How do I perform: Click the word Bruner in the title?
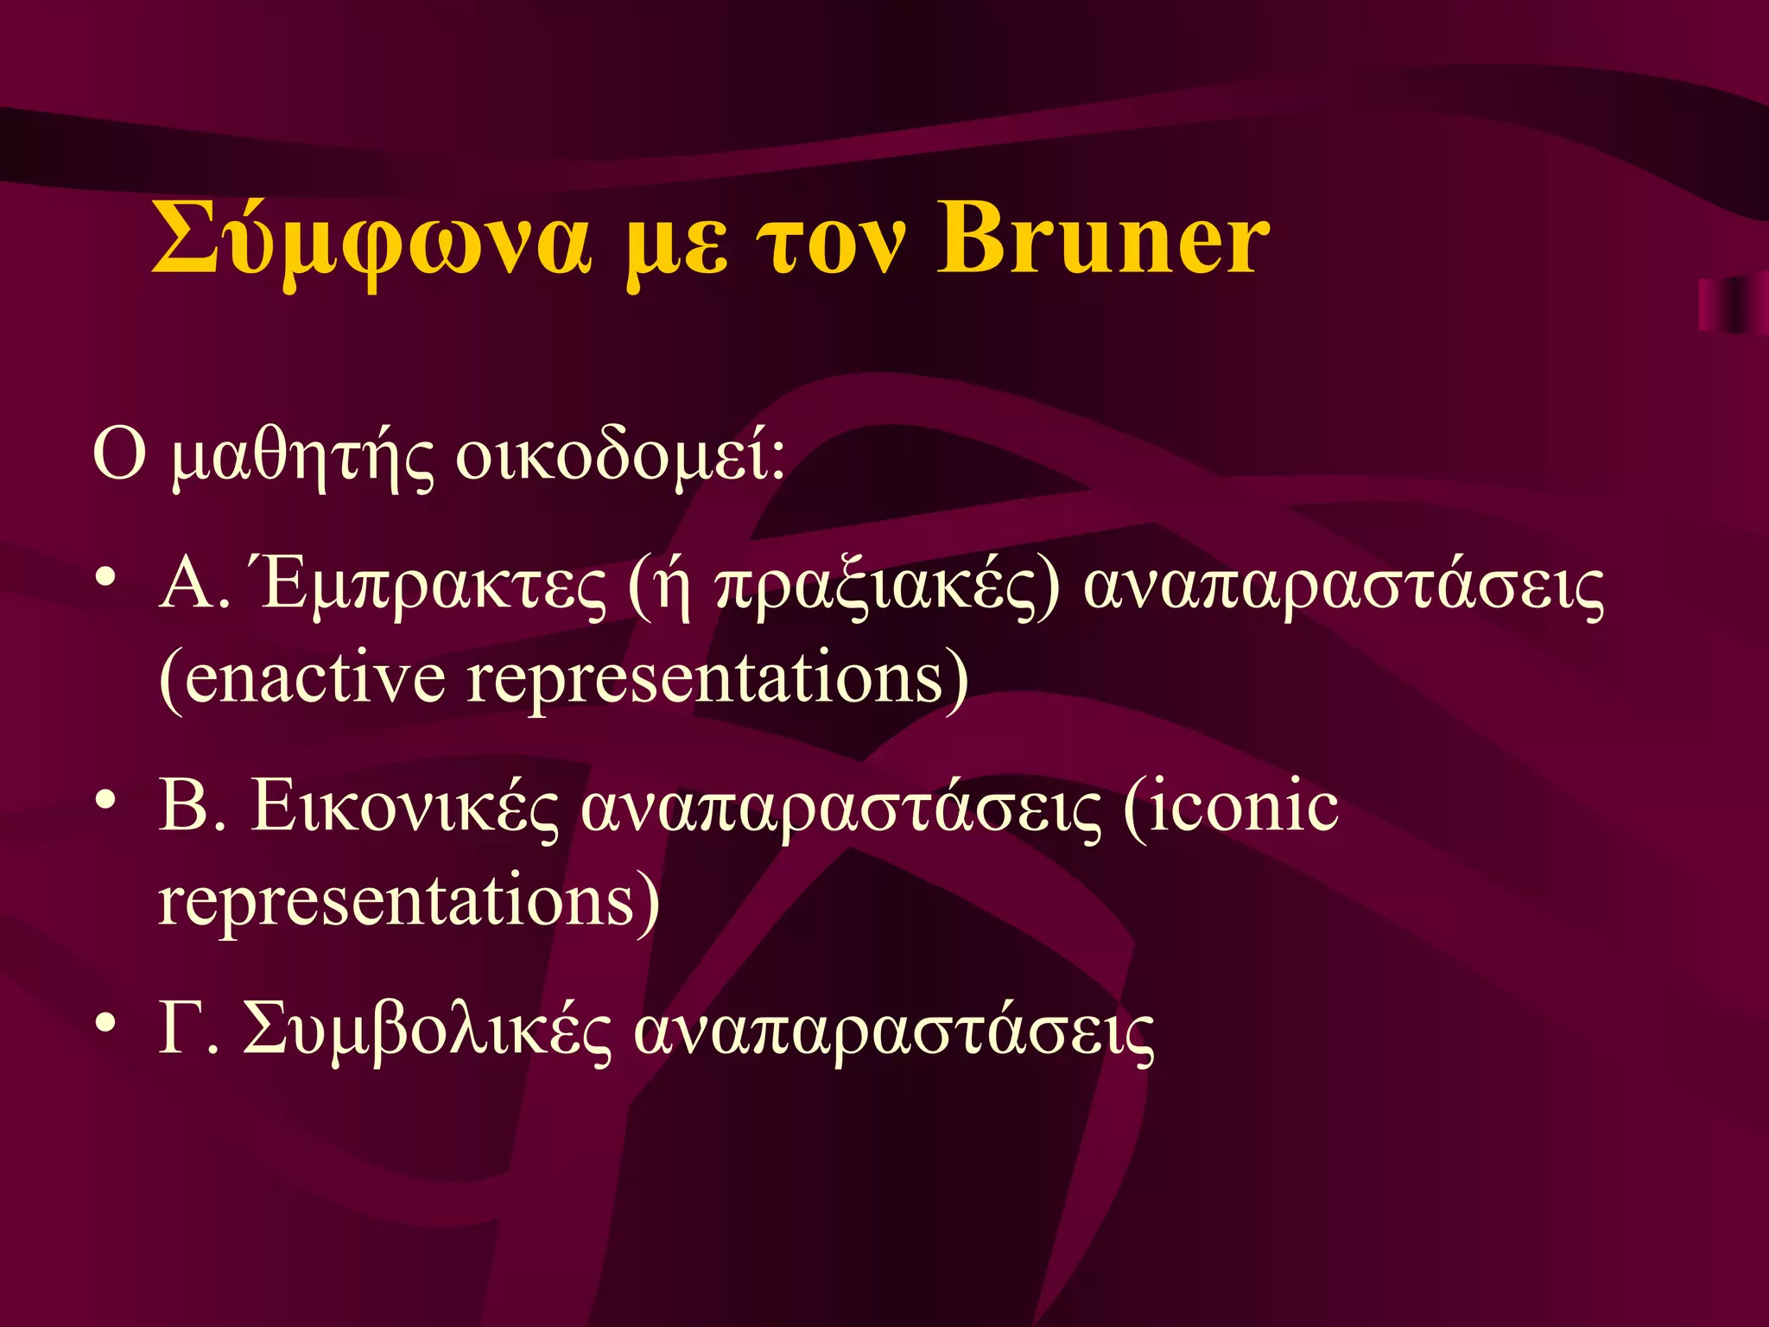point(1103,239)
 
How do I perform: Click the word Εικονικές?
point(404,809)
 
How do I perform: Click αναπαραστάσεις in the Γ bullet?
point(894,1032)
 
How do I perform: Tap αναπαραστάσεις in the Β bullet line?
point(840,810)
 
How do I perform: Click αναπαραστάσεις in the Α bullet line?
point(1343,589)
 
